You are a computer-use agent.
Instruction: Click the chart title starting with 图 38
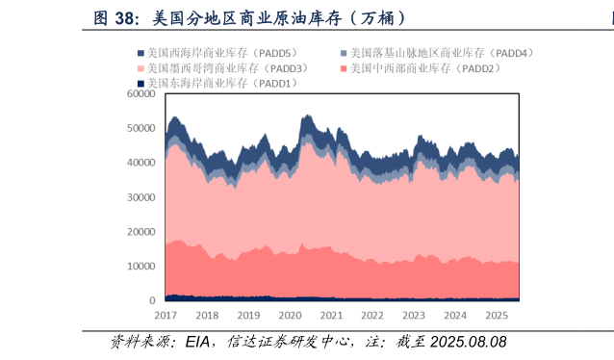(x=249, y=18)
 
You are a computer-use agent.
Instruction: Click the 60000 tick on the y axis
(x=141, y=94)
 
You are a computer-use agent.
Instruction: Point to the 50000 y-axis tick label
(x=141, y=128)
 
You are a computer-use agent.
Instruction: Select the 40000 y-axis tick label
(x=141, y=163)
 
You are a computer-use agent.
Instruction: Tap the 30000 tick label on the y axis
(x=141, y=197)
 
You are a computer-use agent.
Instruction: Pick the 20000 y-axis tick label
(x=141, y=232)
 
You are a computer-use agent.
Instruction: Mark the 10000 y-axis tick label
(x=141, y=267)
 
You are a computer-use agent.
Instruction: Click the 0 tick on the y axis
(x=152, y=301)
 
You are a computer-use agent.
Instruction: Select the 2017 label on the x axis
(x=166, y=316)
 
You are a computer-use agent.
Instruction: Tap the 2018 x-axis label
(x=207, y=316)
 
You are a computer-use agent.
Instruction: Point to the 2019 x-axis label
(x=248, y=316)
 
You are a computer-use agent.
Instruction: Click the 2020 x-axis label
(x=290, y=316)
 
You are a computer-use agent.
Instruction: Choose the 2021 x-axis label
(x=331, y=316)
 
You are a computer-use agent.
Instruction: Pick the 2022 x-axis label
(x=372, y=316)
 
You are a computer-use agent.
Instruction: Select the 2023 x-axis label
(x=414, y=316)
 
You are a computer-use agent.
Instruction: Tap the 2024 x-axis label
(x=455, y=316)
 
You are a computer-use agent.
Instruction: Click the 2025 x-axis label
(x=497, y=316)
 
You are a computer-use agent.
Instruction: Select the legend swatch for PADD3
(x=141, y=69)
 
